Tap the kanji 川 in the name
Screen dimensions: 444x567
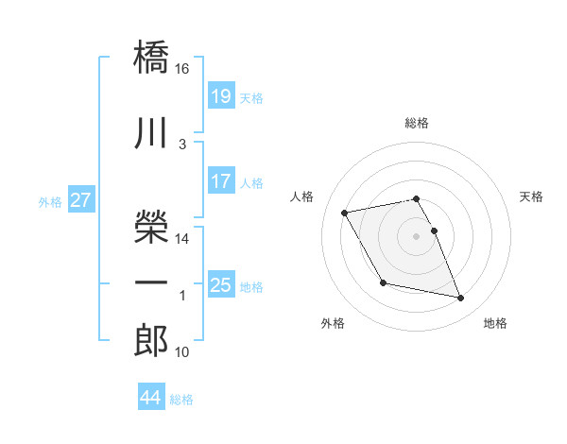coord(151,133)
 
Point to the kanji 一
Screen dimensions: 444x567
coord(151,283)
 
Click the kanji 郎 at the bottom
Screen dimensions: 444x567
coord(151,341)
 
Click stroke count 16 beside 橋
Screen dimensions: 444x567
coord(182,69)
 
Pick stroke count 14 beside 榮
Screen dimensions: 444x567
coord(182,239)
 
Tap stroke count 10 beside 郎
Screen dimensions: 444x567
coord(182,352)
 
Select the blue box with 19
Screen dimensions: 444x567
coord(220,96)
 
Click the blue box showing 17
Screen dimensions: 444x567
coord(220,181)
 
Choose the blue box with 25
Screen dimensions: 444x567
coord(220,285)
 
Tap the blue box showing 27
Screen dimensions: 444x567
coord(80,200)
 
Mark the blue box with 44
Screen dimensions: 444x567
coord(150,398)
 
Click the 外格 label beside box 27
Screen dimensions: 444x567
coord(50,201)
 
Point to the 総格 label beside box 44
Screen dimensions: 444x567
coord(181,399)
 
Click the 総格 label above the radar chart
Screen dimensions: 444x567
coord(417,123)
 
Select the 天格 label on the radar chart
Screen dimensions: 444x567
coord(532,196)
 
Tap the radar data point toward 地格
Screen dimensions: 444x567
coord(460,299)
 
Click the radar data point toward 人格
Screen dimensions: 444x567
coord(345,212)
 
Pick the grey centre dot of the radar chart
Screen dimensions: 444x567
coord(417,235)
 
